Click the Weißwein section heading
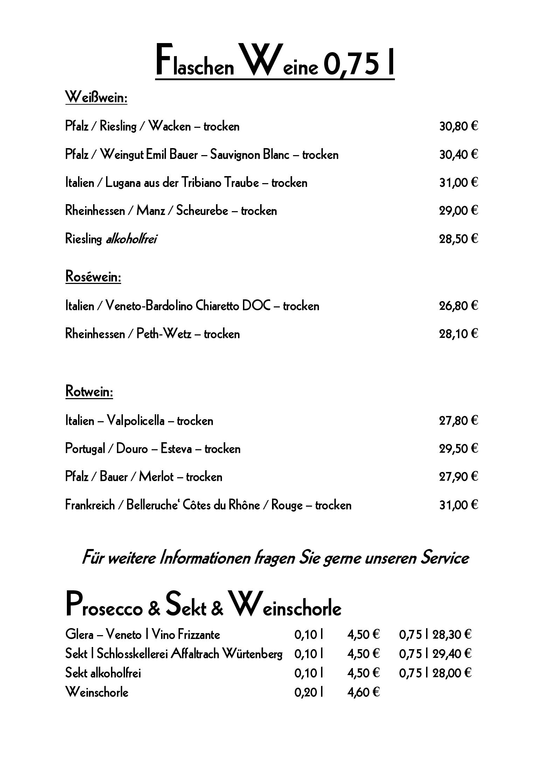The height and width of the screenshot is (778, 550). click(x=96, y=97)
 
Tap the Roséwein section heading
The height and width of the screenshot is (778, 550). click(x=93, y=277)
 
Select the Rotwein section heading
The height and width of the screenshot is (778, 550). click(x=89, y=391)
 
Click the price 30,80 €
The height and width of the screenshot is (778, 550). click(x=458, y=126)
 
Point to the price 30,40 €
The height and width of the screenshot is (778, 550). click(x=458, y=154)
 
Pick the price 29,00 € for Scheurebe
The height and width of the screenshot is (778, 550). click(x=458, y=211)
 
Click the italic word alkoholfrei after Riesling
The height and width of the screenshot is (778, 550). click(x=131, y=239)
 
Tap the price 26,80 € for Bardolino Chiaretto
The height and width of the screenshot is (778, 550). click(x=458, y=306)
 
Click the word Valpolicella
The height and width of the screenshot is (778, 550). click(x=135, y=420)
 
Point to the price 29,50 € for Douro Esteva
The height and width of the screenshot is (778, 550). click(x=458, y=449)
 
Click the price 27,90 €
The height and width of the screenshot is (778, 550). click(x=458, y=477)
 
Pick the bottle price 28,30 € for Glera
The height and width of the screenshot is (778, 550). click(x=452, y=634)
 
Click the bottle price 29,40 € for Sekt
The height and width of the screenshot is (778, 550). click(x=452, y=654)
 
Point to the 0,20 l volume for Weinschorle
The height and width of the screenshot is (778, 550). click(x=308, y=692)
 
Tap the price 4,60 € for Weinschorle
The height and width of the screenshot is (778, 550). click(x=363, y=692)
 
